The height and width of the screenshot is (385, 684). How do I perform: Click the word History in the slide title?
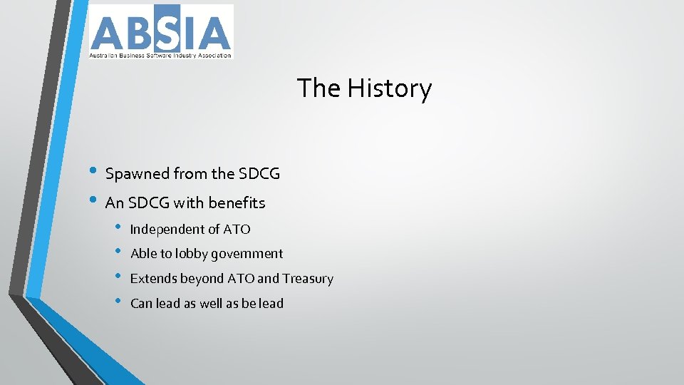tap(390, 89)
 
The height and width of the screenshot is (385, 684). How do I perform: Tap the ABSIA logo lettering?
tap(160, 31)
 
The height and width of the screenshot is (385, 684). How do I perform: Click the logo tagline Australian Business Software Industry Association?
tap(160, 55)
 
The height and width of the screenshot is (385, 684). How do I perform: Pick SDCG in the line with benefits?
tap(150, 203)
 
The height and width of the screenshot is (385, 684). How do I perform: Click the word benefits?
tap(237, 203)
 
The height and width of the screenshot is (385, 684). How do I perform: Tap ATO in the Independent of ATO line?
tap(237, 230)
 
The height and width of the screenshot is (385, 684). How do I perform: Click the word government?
tap(247, 254)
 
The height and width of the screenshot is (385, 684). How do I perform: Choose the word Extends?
tap(152, 279)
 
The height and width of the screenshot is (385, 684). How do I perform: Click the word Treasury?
tap(308, 279)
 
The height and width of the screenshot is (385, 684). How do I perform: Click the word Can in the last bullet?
tap(141, 304)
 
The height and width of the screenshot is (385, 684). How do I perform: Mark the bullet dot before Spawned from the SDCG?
tap(95, 173)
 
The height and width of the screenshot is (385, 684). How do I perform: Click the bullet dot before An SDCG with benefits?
tap(95, 202)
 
